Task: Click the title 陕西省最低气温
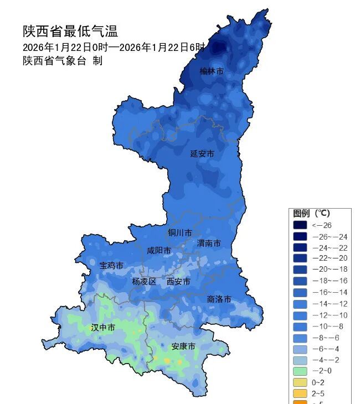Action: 70,31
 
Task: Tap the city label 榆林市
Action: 212,71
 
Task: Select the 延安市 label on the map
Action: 202,154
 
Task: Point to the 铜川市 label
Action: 181,233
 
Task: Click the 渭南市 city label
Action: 209,244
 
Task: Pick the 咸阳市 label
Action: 158,251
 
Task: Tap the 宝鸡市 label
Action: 111,266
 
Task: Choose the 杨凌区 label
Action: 144,282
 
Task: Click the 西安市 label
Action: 178,282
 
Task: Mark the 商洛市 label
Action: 219,299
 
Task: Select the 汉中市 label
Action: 103,328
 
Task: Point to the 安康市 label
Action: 183,346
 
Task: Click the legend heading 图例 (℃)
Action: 311,213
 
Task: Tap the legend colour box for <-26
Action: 300,225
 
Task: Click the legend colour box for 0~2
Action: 300,382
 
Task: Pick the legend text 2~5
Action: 318,393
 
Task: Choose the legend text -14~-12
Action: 330,303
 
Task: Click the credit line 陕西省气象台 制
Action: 63,61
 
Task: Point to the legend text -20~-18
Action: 330,270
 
